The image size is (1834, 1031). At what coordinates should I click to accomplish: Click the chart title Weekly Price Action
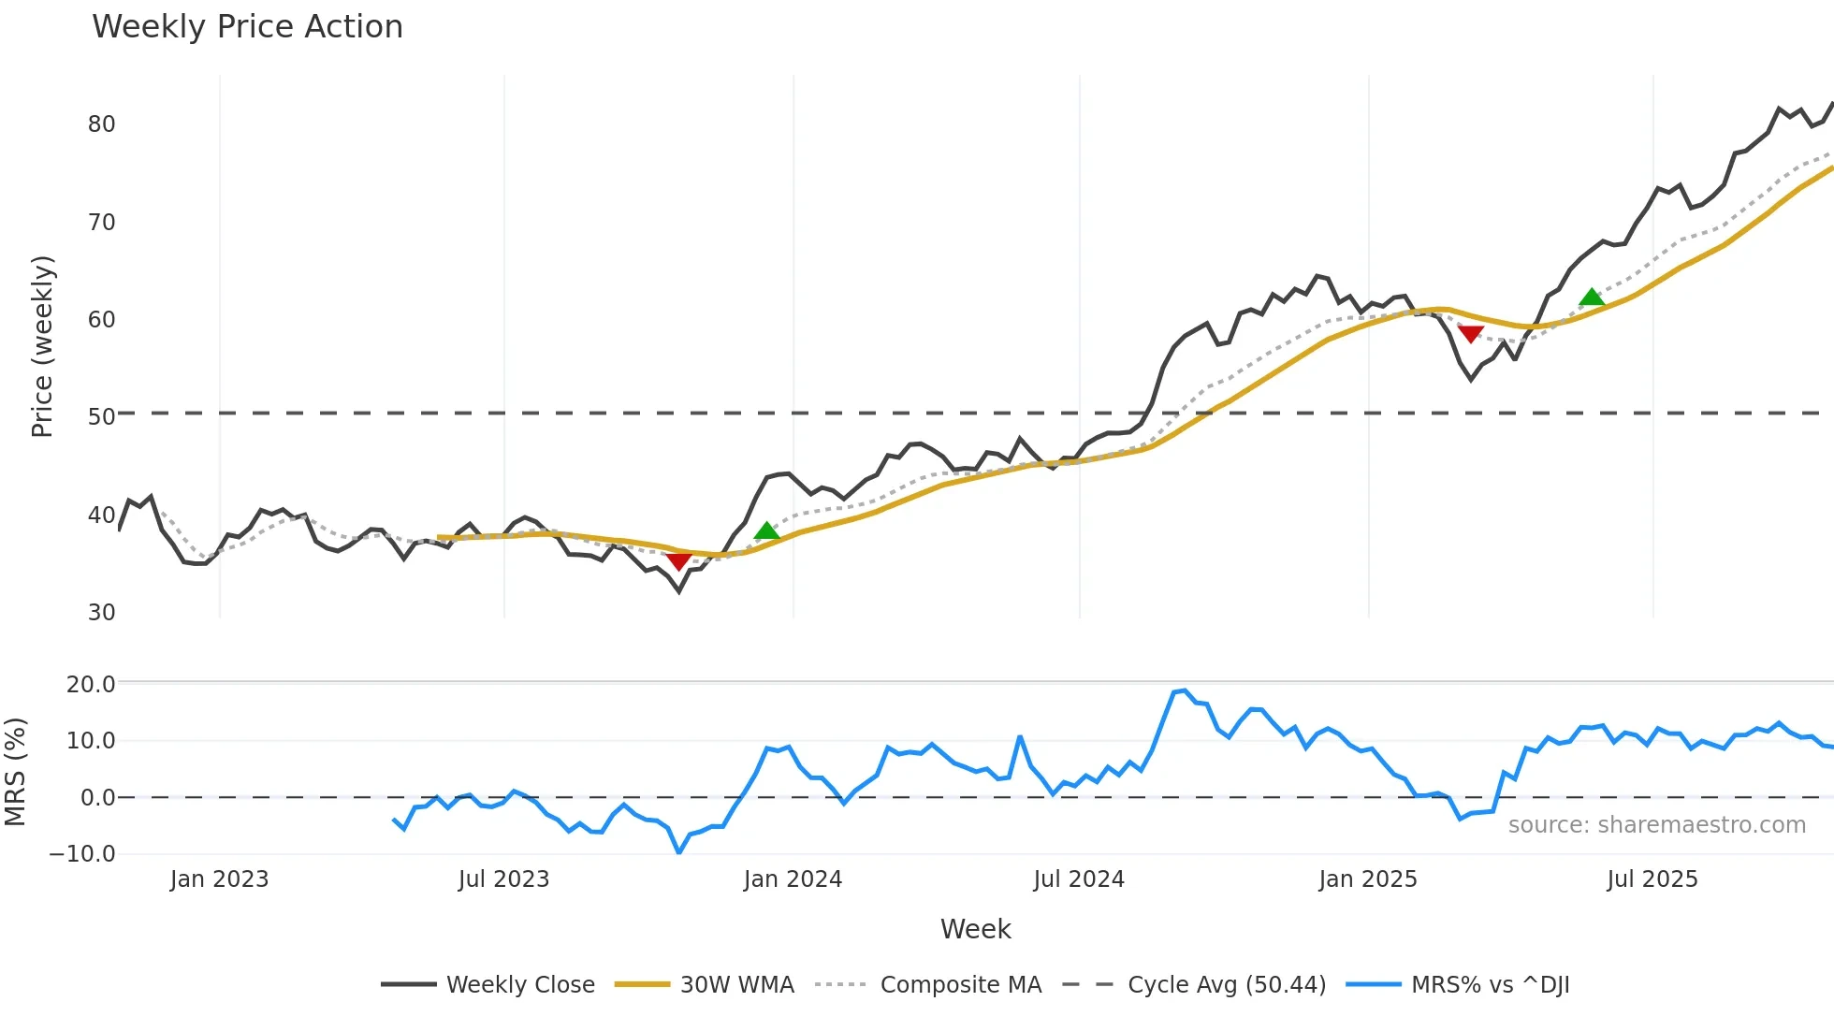(x=247, y=27)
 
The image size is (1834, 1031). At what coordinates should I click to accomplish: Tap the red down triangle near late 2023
(x=678, y=560)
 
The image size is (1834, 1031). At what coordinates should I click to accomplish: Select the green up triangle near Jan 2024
(x=766, y=531)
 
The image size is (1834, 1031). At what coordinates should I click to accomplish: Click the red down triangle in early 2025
(x=1470, y=334)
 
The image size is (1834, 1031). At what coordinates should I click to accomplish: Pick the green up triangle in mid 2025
(x=1592, y=298)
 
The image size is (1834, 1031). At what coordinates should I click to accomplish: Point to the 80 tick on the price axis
(x=101, y=124)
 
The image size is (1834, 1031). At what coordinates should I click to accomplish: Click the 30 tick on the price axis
(x=101, y=613)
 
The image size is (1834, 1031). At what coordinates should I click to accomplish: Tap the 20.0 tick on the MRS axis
(x=91, y=685)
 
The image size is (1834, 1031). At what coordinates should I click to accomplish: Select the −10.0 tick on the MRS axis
(x=82, y=854)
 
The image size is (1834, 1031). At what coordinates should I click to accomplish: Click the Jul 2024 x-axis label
(x=1079, y=879)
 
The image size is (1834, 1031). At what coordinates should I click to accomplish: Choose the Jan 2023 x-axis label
(x=219, y=879)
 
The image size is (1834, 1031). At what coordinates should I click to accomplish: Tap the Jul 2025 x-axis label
(x=1652, y=879)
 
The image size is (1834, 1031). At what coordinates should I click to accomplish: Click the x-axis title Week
(x=975, y=929)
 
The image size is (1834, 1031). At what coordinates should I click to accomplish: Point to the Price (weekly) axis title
(x=43, y=346)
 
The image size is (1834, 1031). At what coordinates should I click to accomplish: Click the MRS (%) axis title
(x=15, y=772)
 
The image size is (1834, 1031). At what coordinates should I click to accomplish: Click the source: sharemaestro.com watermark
(x=1656, y=825)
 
